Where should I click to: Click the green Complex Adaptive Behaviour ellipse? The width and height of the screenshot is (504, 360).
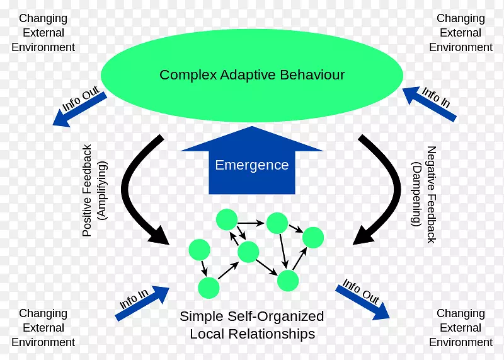point(252,50)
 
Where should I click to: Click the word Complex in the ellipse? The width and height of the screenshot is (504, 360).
point(188,75)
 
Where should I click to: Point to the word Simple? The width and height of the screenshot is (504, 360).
point(200,316)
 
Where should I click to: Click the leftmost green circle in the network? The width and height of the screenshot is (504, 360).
point(199,250)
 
